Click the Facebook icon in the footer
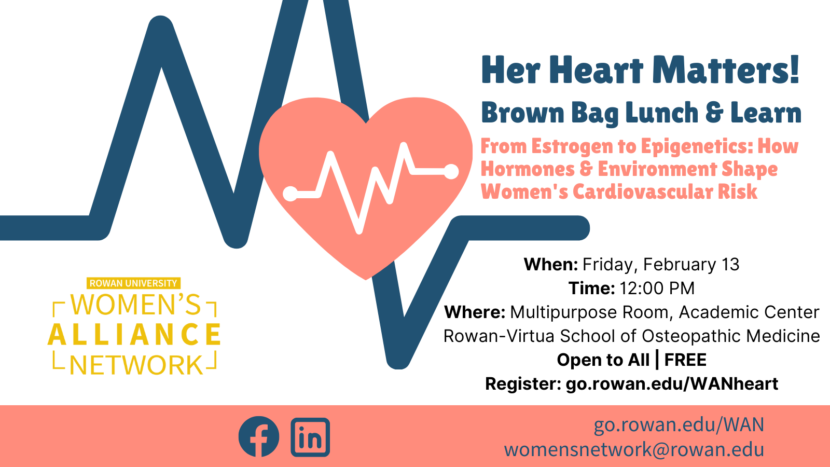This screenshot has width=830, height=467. (x=259, y=436)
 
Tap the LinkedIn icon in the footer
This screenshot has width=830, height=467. (x=310, y=437)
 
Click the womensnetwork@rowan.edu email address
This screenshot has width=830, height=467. (x=634, y=449)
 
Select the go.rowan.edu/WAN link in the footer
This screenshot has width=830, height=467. (x=679, y=425)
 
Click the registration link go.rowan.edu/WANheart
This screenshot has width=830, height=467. (x=672, y=383)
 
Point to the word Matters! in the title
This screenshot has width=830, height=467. (x=726, y=70)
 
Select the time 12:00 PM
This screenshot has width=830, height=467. (x=657, y=289)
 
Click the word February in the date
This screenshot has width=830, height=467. (x=680, y=265)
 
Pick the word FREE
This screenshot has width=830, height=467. (x=685, y=360)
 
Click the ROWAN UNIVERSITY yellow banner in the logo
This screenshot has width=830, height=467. (x=133, y=283)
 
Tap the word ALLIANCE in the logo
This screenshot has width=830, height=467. (x=134, y=334)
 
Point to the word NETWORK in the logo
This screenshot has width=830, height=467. (x=136, y=365)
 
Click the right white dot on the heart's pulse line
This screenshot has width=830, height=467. (x=451, y=172)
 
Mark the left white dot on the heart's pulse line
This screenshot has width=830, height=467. (x=290, y=194)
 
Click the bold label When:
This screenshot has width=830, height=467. (x=551, y=265)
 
